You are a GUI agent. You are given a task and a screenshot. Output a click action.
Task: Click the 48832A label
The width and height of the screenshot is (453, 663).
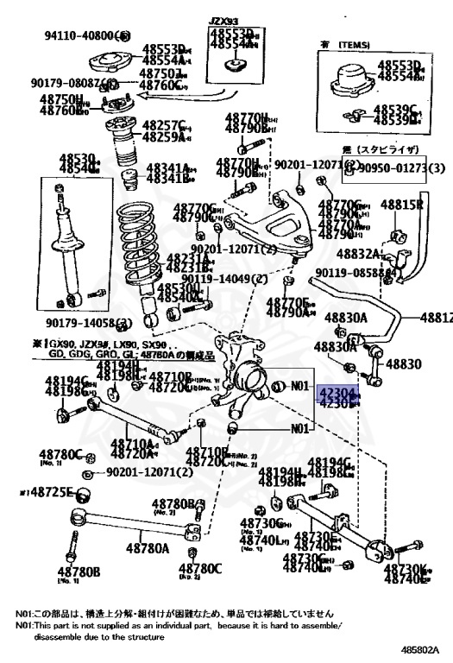356,254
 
